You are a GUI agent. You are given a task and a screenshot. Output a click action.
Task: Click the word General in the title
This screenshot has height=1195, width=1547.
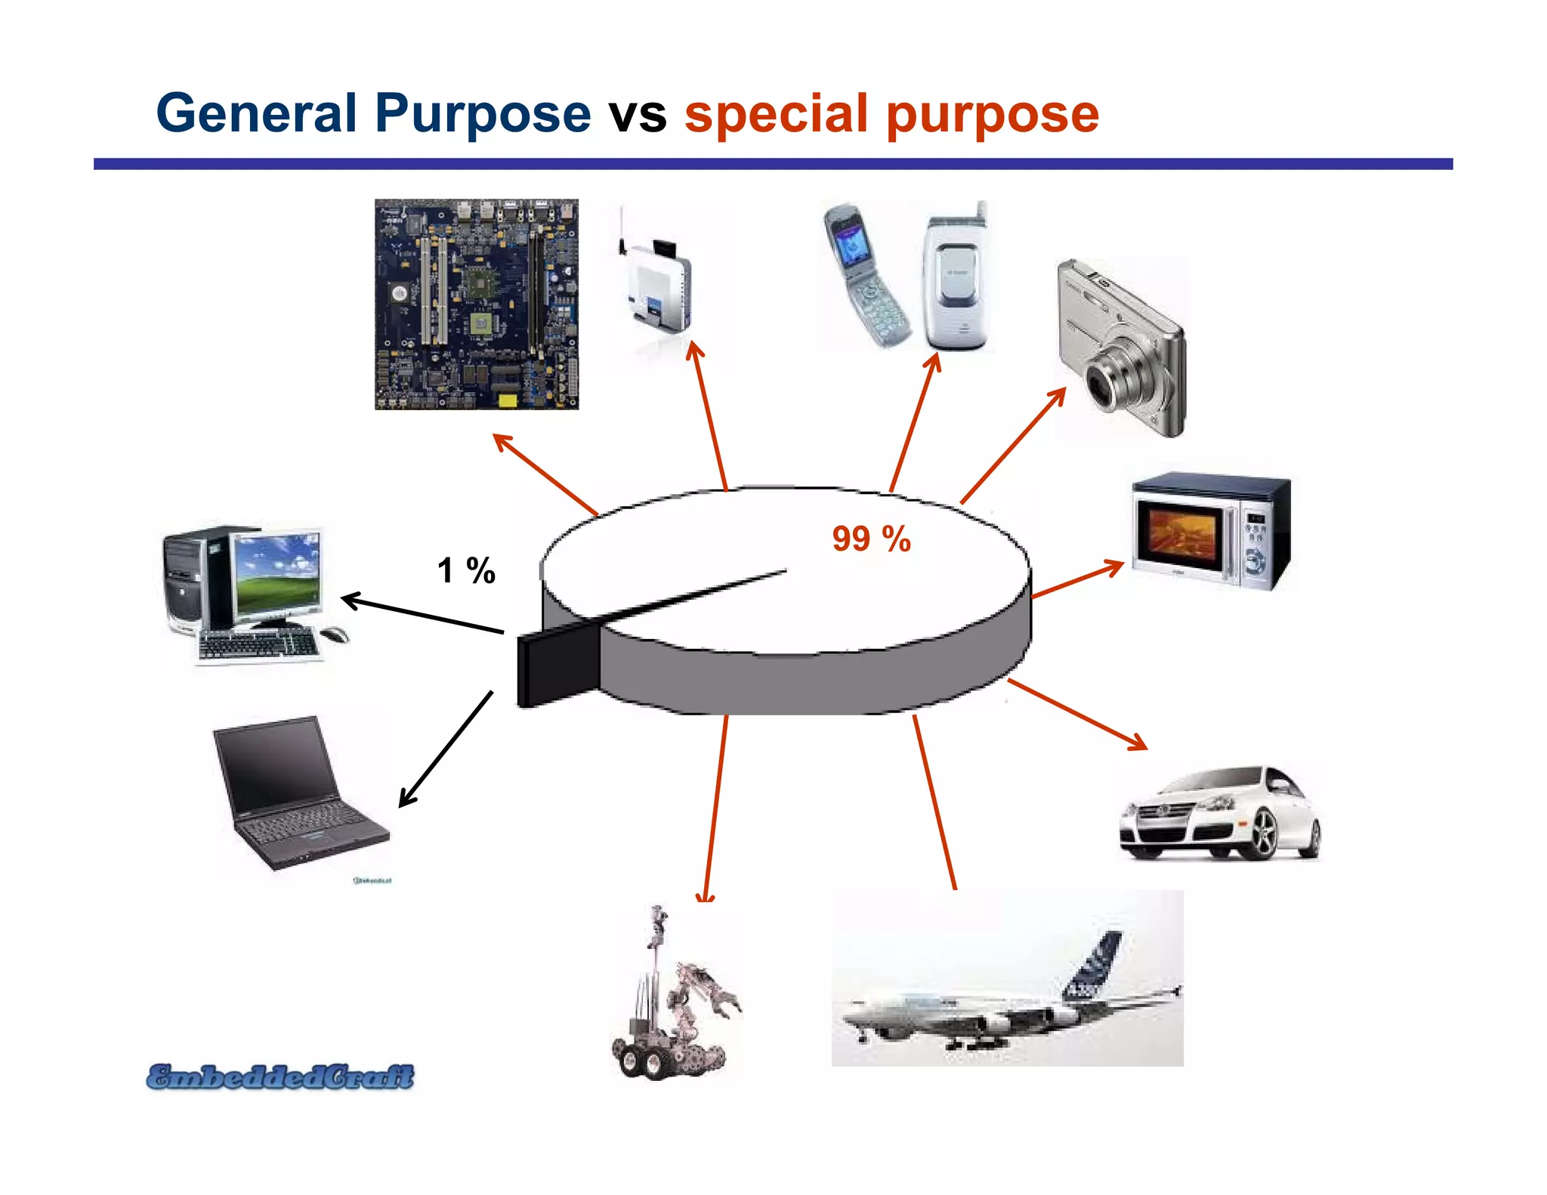(256, 113)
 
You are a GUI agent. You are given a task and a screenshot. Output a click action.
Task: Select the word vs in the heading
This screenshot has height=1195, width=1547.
(638, 115)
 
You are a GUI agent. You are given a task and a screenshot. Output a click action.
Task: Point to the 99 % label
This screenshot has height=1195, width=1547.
(871, 539)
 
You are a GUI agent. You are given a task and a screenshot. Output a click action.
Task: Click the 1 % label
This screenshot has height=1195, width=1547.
(466, 570)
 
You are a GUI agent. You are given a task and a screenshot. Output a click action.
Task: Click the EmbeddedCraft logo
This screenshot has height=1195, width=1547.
(280, 1076)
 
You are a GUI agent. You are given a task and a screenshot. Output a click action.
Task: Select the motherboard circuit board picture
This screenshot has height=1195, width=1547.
(477, 304)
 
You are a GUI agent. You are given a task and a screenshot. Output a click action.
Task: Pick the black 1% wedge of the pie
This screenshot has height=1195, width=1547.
(557, 662)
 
